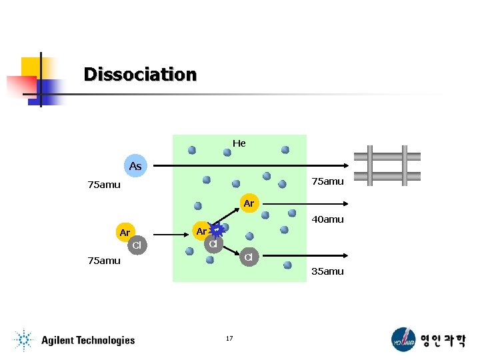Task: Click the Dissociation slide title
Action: tap(140, 74)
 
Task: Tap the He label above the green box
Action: tap(239, 143)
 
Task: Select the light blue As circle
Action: tap(135, 166)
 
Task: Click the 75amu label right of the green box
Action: tap(327, 181)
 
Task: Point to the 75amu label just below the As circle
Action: tap(104, 185)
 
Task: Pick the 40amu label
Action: tap(327, 219)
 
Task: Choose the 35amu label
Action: tap(327, 271)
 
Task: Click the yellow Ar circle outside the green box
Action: tap(125, 233)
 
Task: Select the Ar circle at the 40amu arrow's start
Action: tap(249, 203)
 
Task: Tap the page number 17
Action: tap(229, 339)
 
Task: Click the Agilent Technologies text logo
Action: tap(88, 340)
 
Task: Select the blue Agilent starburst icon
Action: tap(23, 340)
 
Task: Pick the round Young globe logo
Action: tap(403, 339)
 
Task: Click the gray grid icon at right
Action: tap(387, 165)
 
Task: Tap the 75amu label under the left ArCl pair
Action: tap(104, 261)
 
